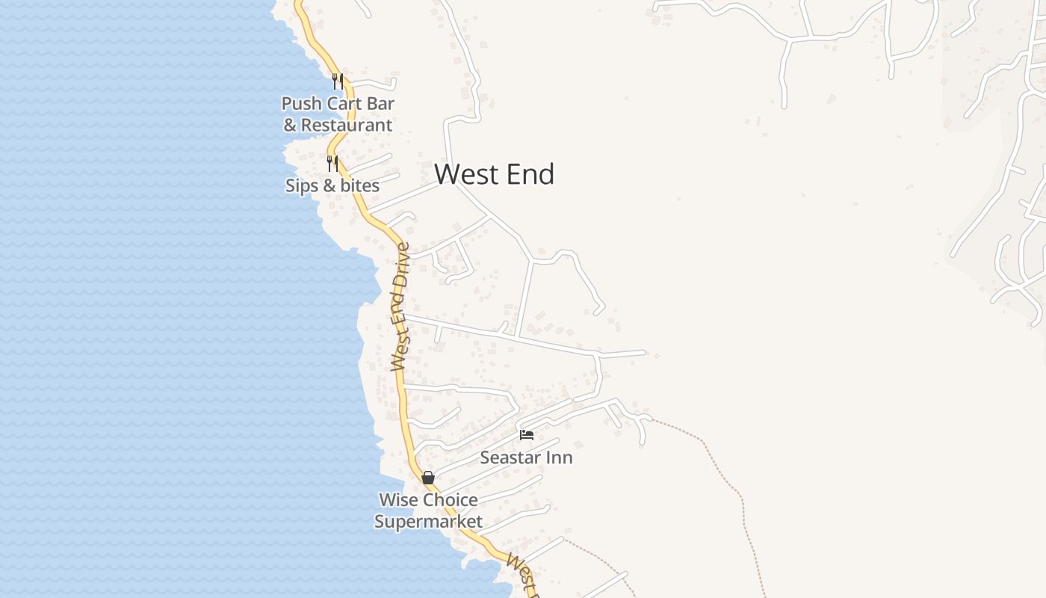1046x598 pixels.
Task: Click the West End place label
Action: [x=494, y=174]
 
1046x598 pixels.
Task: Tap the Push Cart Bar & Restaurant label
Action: [x=338, y=114]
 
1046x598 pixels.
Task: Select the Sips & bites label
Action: [x=332, y=185]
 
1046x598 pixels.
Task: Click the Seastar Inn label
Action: [x=526, y=457]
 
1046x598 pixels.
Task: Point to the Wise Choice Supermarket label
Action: [x=428, y=511]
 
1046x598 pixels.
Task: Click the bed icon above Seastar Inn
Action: [x=527, y=434]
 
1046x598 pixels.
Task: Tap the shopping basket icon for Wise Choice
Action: [x=428, y=477]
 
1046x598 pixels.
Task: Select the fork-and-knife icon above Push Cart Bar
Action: [x=338, y=81]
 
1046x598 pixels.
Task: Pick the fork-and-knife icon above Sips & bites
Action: [x=332, y=163]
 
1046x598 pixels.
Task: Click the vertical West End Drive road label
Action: [x=400, y=306]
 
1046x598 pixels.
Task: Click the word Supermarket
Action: [x=428, y=521]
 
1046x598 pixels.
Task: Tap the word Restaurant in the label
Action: [x=347, y=125]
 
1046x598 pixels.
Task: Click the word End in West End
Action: [x=530, y=174]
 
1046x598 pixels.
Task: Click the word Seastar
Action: [x=509, y=457]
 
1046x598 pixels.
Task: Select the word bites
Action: [x=359, y=185]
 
